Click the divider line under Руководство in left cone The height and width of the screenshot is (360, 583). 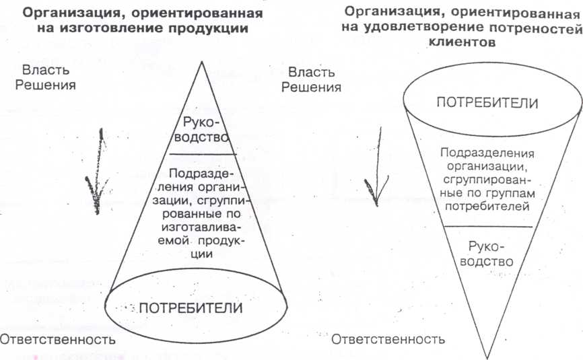click(x=200, y=153)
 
